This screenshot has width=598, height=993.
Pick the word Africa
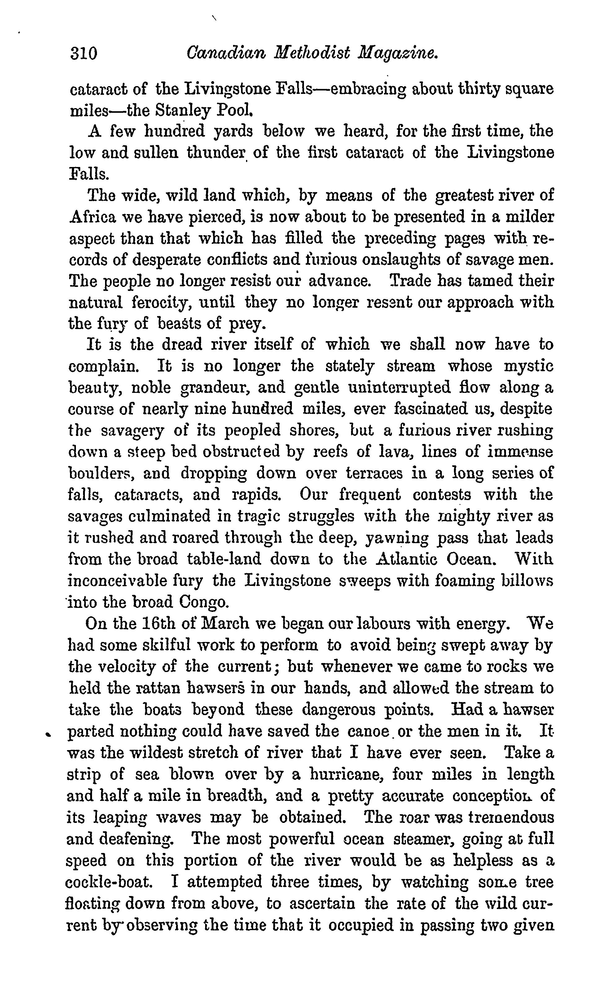[93, 217]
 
